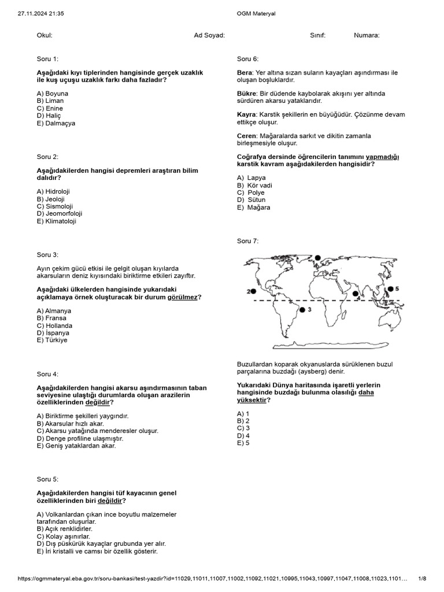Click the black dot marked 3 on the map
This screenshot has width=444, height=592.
(301, 310)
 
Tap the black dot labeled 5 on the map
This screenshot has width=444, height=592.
(390, 288)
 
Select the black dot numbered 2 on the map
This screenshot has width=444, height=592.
(253, 291)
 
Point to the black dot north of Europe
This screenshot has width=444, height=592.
(317, 257)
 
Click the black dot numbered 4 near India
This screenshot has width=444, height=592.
(356, 293)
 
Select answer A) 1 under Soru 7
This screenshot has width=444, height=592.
(243, 414)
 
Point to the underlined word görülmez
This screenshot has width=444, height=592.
(183, 297)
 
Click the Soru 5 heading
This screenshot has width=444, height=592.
(47, 479)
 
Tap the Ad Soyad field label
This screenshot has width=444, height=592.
(209, 35)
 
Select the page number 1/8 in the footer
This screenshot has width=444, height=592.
(422, 579)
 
